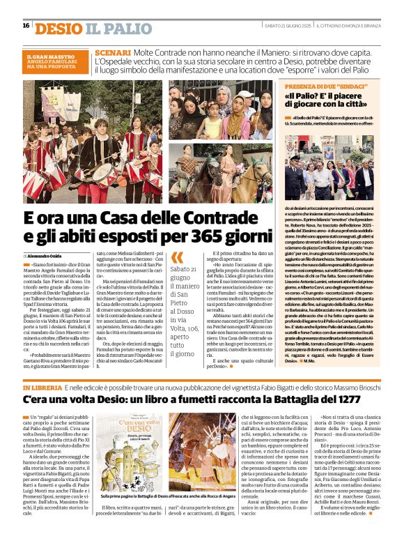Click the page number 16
click(26, 26)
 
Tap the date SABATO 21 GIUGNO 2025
click(287, 26)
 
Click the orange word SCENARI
click(112, 53)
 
